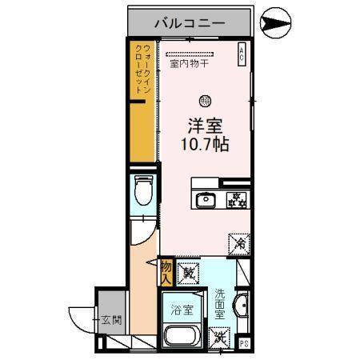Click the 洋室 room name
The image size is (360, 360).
point(204,126)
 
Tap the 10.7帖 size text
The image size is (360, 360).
point(204,146)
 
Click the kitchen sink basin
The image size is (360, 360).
point(205,199)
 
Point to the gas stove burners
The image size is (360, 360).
point(236,199)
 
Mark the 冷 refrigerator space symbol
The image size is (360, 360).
point(239,241)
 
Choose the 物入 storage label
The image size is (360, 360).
point(166,271)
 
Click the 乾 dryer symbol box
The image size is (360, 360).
point(189,272)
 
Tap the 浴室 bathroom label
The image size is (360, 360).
point(182,309)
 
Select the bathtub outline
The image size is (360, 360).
point(183,336)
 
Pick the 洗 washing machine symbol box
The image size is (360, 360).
point(218,336)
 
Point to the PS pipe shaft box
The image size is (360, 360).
point(246,345)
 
